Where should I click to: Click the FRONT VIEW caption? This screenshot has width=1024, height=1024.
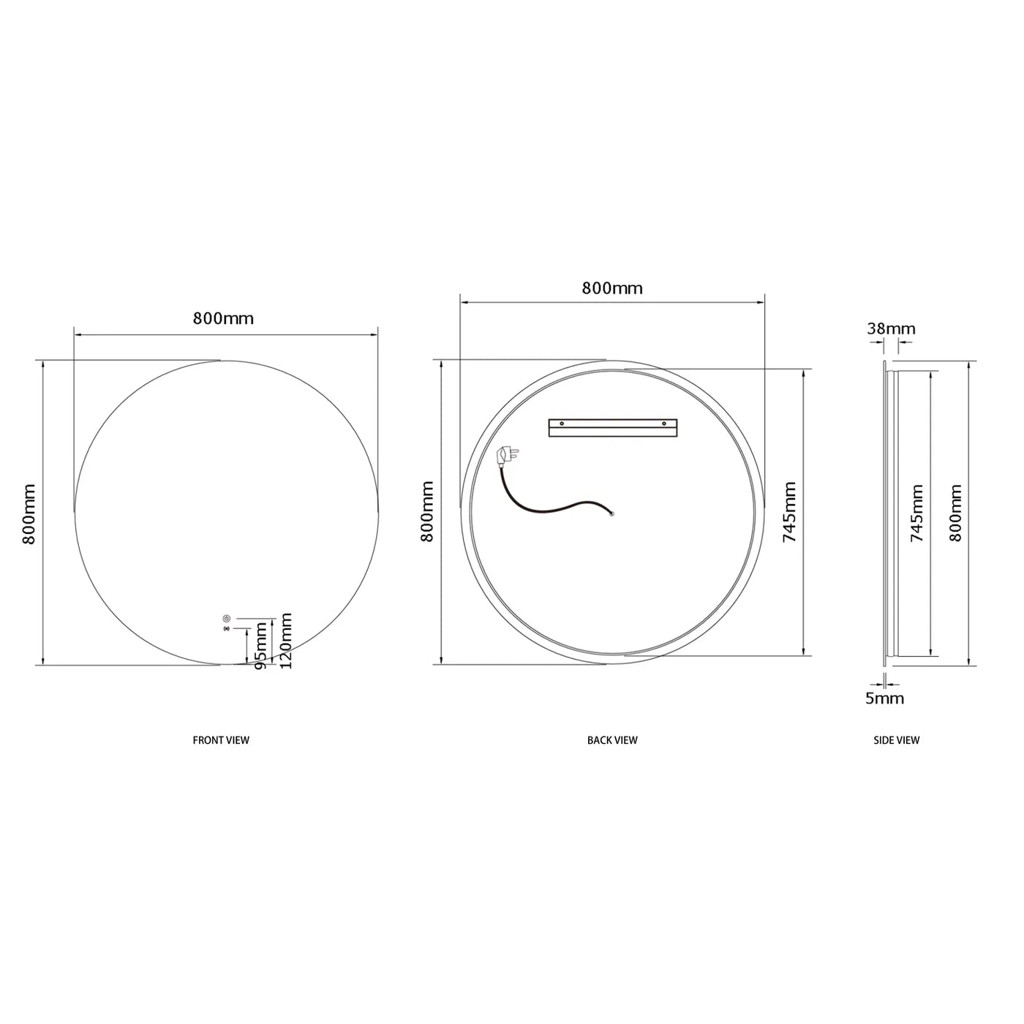221,740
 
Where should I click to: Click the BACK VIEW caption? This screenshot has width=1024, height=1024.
612,740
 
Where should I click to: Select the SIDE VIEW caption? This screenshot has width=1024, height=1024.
896,740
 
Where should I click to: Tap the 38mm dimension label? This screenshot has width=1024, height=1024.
891,328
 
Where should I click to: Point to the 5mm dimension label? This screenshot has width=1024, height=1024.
885,699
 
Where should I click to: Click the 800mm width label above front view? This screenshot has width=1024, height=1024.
223,318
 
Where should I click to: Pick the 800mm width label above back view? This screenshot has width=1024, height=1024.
612,288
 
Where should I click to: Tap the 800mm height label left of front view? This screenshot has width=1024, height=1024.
29,513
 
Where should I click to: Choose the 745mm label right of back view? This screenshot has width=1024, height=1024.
790,512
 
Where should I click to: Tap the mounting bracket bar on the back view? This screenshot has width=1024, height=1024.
613,427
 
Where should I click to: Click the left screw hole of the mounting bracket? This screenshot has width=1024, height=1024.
561,423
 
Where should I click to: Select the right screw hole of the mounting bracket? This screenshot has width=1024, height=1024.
665,423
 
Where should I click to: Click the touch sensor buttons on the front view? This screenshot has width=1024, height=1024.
226,622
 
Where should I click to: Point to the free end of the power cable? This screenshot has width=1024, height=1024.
612,513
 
